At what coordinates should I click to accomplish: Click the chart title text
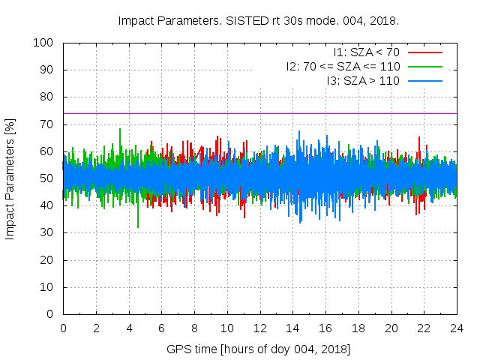tap(258, 20)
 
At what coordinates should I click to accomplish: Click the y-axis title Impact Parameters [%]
tap(10, 178)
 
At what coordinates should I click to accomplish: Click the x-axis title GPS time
tap(259, 349)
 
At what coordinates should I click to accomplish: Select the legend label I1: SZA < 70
tap(367, 52)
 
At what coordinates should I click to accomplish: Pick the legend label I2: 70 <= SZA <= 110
tap(343, 66)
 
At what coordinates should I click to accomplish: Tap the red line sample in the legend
tap(424, 52)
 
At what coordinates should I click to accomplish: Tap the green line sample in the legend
tap(424, 66)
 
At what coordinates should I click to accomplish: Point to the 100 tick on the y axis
tap(48, 43)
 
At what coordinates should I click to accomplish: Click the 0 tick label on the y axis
tap(54, 314)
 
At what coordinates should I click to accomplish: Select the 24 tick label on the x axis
tap(456, 328)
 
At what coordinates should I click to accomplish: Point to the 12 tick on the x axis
tap(259, 328)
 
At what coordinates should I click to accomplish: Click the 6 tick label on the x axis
tap(161, 328)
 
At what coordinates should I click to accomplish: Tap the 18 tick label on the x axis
tap(358, 328)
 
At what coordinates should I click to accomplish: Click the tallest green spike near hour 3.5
tap(119, 130)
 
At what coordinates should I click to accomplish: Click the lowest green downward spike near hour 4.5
tap(138, 226)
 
